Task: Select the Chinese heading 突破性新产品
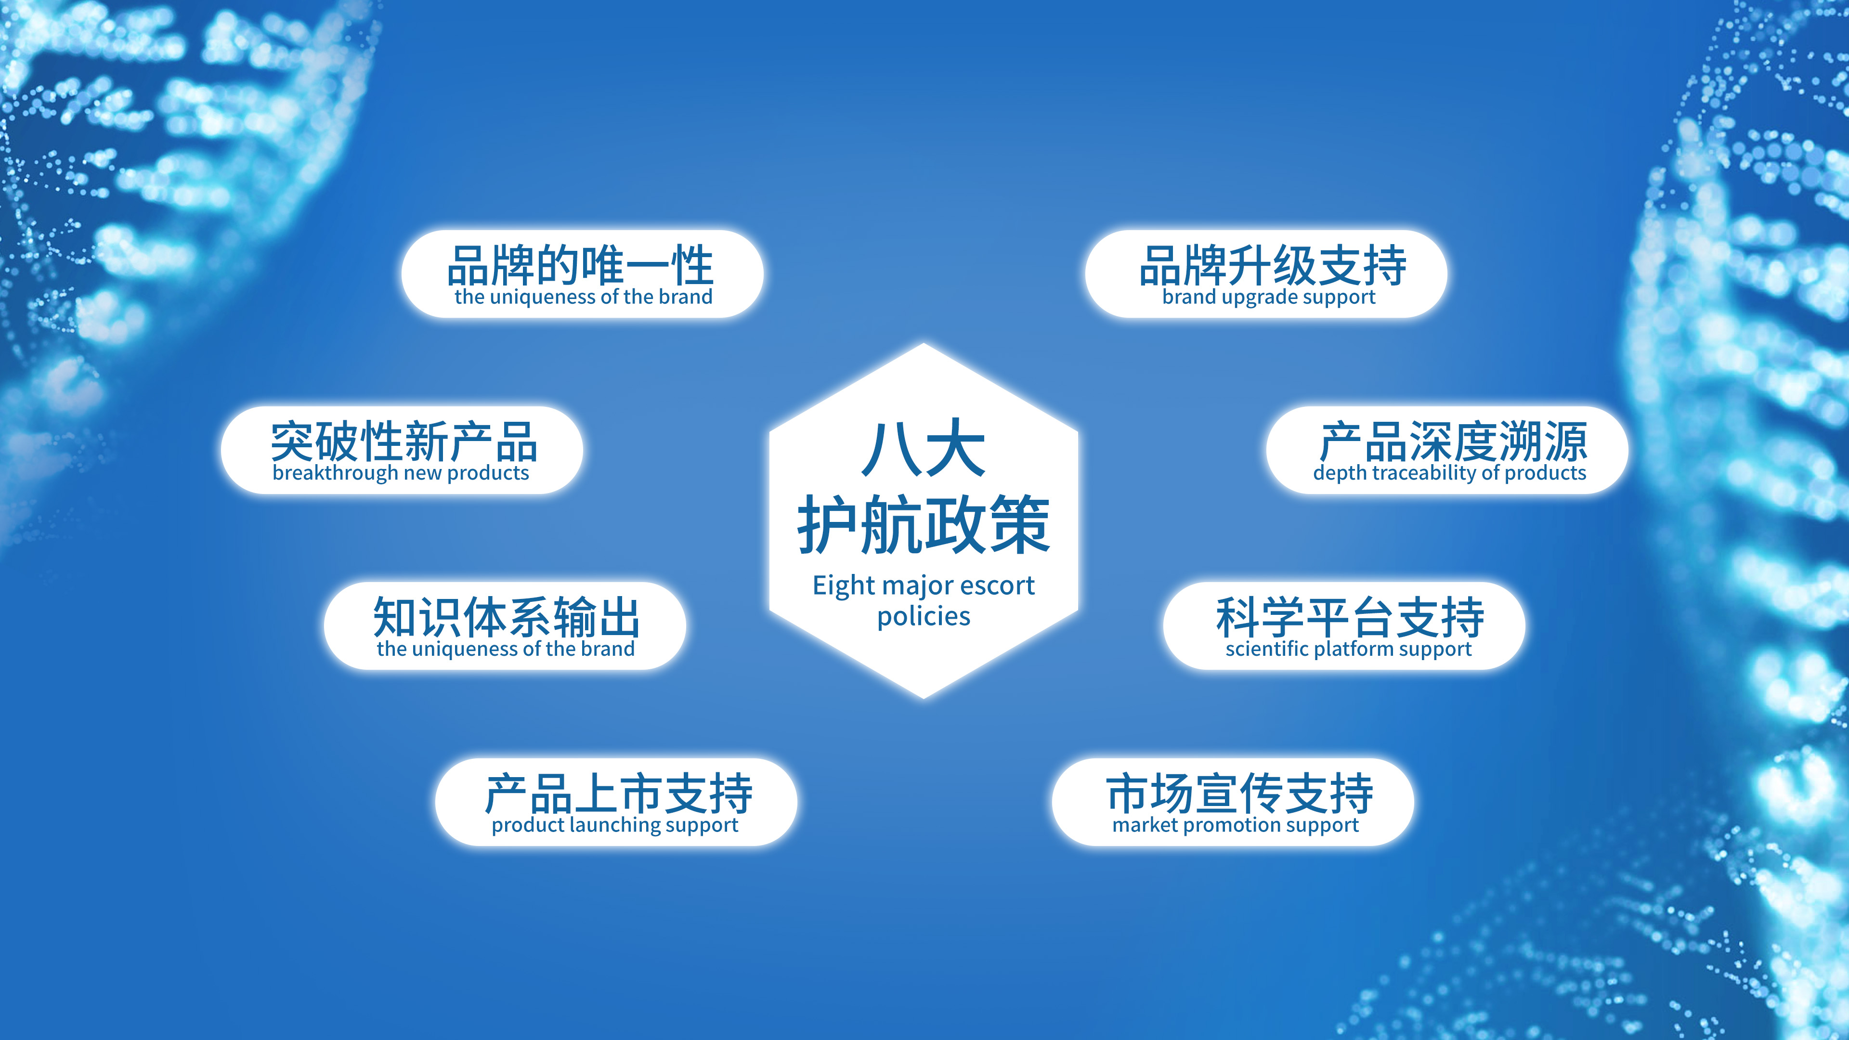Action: [x=404, y=442]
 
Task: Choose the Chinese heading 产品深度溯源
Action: [x=1454, y=442]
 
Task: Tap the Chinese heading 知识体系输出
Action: [x=506, y=617]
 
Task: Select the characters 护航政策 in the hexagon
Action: [x=924, y=525]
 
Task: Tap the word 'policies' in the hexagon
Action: [x=924, y=616]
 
